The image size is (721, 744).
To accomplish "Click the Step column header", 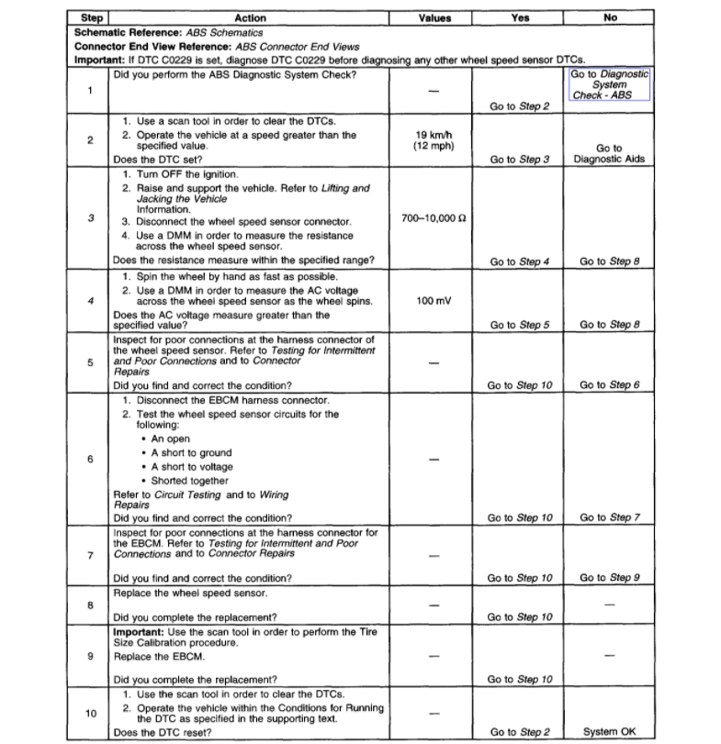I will coord(91,17).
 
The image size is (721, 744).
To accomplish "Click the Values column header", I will coord(434,17).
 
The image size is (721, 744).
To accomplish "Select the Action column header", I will coord(250,17).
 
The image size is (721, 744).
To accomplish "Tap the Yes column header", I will coord(519,17).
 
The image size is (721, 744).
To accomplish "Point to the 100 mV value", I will coord(434,300).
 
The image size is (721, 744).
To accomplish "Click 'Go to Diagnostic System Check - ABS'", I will coord(609,83).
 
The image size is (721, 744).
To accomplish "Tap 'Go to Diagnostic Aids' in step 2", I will coord(609,153).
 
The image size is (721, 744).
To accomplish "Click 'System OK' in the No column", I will coord(609,732).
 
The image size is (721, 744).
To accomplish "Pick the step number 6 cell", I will coord(91,459).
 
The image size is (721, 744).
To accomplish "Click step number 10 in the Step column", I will coord(91,712).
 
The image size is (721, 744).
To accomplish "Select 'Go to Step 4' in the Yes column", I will coord(519,261).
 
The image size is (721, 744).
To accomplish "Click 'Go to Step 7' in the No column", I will coord(609,517).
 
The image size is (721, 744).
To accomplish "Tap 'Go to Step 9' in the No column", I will coord(609,578).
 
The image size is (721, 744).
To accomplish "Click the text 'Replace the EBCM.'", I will coord(158,657).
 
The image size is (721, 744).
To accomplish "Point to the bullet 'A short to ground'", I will coord(192,453).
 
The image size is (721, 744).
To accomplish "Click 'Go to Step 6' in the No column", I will coord(609,385).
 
